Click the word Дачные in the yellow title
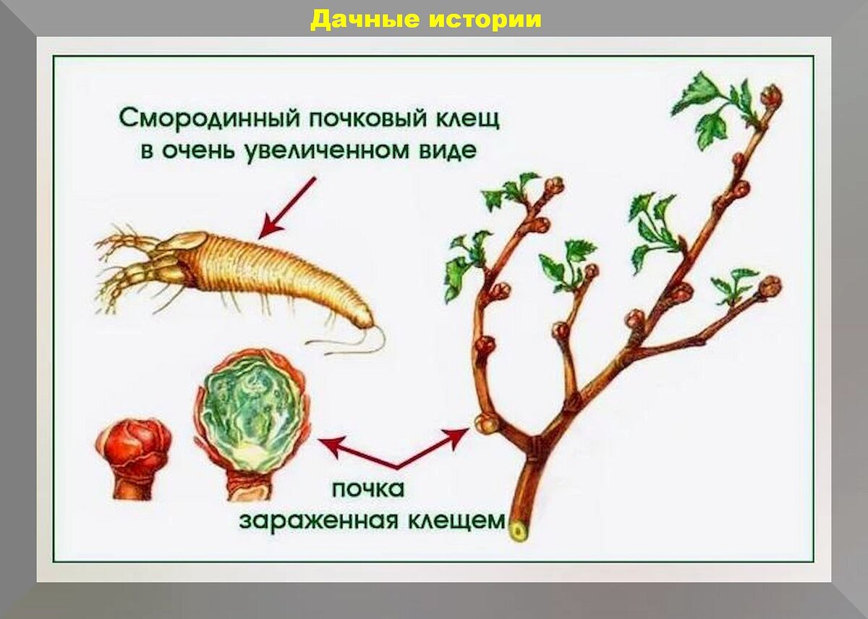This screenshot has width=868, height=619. pyautogui.click(x=363, y=19)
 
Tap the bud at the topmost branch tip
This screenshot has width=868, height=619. pyautogui.click(x=773, y=95)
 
